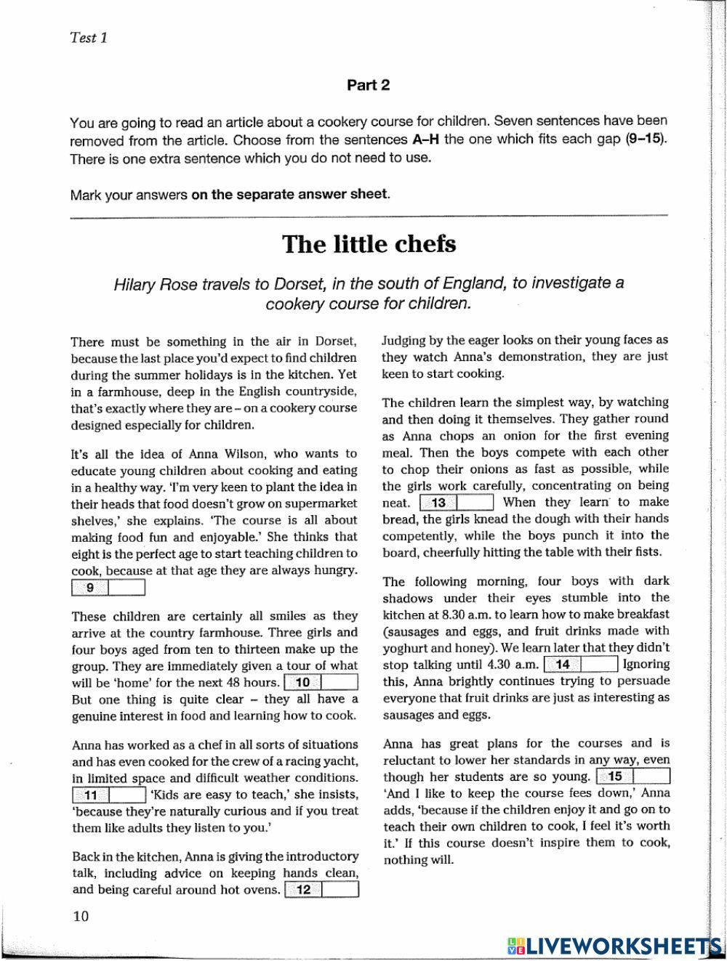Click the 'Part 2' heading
click(x=368, y=85)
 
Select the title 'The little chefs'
click(x=369, y=243)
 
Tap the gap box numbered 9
click(x=109, y=588)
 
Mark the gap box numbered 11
click(x=109, y=794)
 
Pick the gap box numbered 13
click(x=457, y=503)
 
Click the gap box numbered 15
click(x=632, y=776)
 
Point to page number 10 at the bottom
click(x=81, y=917)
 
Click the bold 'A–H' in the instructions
click(x=425, y=139)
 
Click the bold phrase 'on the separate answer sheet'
click(x=289, y=195)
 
